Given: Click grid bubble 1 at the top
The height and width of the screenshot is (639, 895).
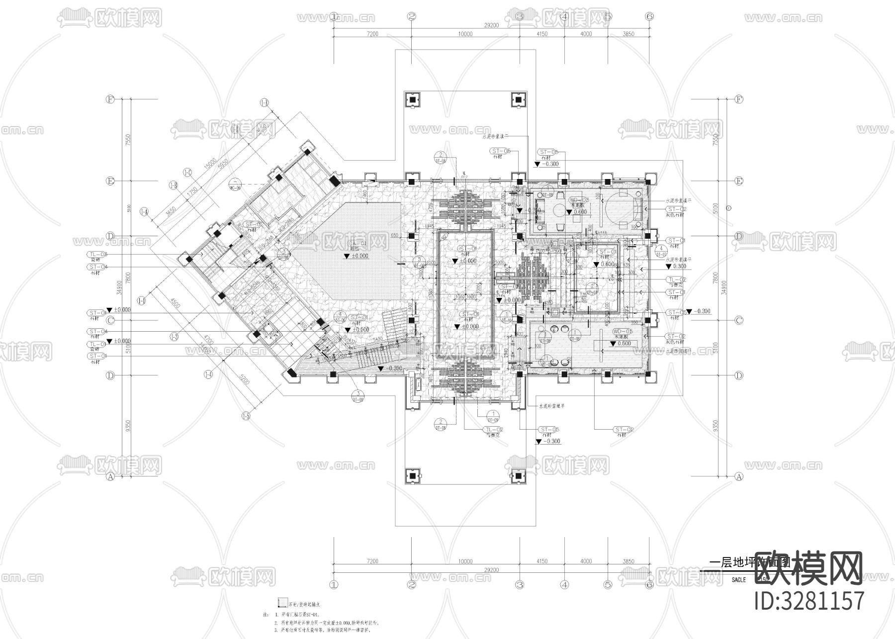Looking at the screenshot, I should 334,16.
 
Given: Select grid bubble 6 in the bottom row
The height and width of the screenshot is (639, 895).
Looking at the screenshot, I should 649,585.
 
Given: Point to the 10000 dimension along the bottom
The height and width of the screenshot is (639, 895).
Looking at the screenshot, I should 465,561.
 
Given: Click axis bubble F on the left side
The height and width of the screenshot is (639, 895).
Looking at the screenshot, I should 110,99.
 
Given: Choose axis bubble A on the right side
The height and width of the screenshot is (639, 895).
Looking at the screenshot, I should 739,476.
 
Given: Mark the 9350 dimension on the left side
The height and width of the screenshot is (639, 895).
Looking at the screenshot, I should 128,426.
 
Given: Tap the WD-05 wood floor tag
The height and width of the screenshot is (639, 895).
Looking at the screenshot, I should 622,331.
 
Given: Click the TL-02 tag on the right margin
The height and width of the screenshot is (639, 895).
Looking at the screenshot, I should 677,280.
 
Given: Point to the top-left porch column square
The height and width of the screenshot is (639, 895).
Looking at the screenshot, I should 413,99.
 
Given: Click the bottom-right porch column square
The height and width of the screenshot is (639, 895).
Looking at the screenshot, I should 519,476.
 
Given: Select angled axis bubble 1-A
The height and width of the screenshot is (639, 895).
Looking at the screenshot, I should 145,212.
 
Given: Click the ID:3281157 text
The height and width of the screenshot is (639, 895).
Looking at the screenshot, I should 809,600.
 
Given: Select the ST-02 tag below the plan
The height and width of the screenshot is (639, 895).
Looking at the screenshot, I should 624,429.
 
